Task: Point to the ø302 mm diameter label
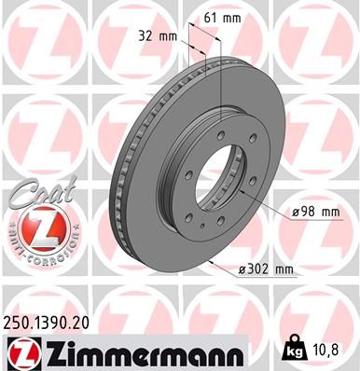267,270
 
